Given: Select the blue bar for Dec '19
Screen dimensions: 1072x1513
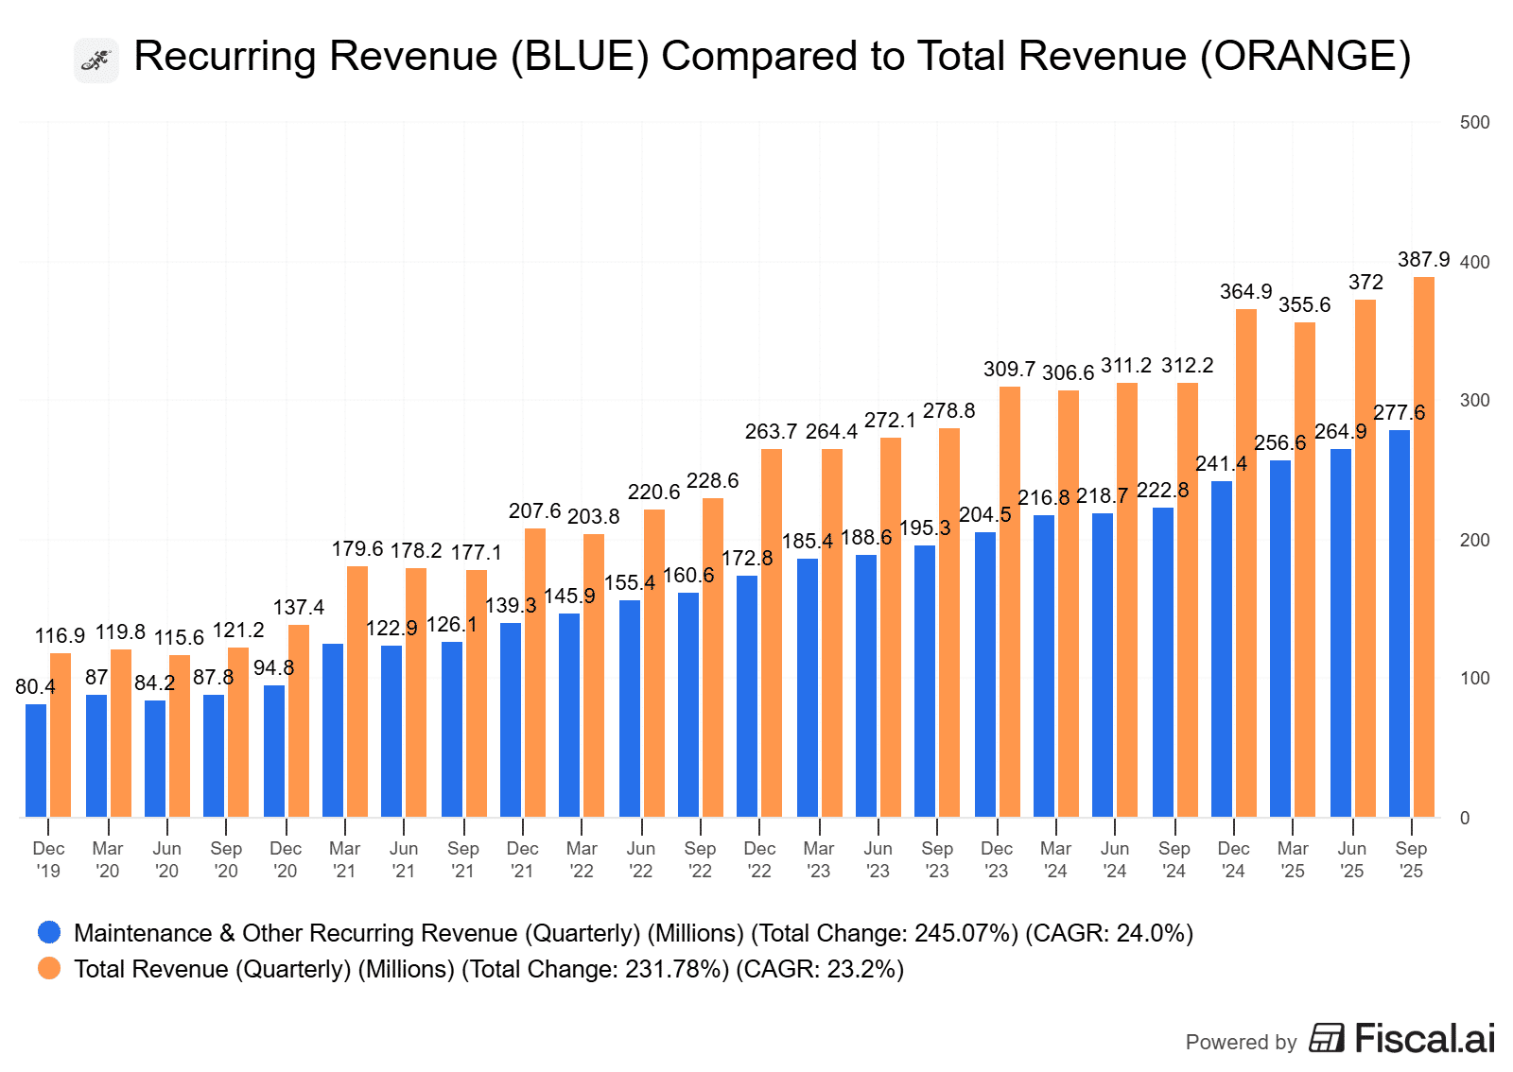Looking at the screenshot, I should coord(36,760).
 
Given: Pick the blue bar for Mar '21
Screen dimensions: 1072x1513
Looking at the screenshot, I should coord(333,730).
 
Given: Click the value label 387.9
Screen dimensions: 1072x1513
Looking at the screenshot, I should coord(1423,260).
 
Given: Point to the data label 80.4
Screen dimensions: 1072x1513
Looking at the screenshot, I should coord(35,687).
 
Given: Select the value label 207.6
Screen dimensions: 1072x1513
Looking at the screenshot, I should coord(534,511).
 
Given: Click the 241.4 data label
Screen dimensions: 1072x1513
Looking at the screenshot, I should coord(1221,464).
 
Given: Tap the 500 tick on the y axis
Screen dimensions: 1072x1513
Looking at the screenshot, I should coord(1474,123).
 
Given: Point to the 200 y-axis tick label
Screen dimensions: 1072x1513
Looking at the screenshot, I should coord(1474,541).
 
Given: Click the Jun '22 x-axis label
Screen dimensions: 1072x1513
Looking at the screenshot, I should coord(641,859).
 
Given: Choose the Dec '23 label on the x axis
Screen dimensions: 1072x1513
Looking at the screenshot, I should coord(997,859).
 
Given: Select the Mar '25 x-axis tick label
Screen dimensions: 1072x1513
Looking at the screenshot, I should coord(1293,859).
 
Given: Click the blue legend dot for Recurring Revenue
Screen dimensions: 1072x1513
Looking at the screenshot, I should coord(49,933).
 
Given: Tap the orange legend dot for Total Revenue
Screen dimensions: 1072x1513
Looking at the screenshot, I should coord(49,969).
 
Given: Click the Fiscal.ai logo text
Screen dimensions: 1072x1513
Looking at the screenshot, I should coord(1424,1039).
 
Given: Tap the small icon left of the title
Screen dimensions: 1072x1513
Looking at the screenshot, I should coord(96,61).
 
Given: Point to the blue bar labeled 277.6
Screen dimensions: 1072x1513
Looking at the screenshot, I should coord(1399,623).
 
